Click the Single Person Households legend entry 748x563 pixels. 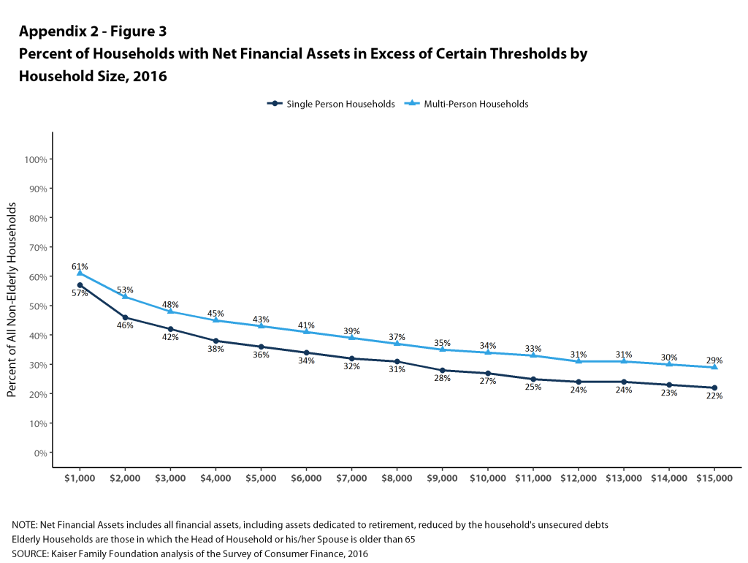pyautogui.click(x=331, y=104)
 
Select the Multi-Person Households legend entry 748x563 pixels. pyautogui.click(x=467, y=104)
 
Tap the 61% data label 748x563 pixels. pyautogui.click(x=80, y=266)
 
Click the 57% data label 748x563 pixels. pyautogui.click(x=80, y=293)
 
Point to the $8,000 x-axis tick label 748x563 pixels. pyautogui.click(x=397, y=478)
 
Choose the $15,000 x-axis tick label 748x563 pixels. pyautogui.click(x=714, y=478)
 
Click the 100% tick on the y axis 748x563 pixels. pyautogui.click(x=36, y=159)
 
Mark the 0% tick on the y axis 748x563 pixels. pyautogui.click(x=41, y=453)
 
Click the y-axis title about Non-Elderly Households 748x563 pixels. pyautogui.click(x=12, y=300)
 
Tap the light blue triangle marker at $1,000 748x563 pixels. pyautogui.click(x=80, y=273)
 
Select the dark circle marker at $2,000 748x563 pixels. pyautogui.click(x=125, y=317)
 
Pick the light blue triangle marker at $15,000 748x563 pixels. pyautogui.click(x=714, y=367)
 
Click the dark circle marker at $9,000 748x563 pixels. pyautogui.click(x=442, y=370)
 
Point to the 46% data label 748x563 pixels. pyautogui.click(x=125, y=325)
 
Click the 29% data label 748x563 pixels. pyautogui.click(x=714, y=360)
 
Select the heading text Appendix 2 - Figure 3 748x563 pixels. pyautogui.click(x=93, y=31)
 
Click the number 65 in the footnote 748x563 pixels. pyautogui.click(x=410, y=540)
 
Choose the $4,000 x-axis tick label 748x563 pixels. pyautogui.click(x=215, y=478)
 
